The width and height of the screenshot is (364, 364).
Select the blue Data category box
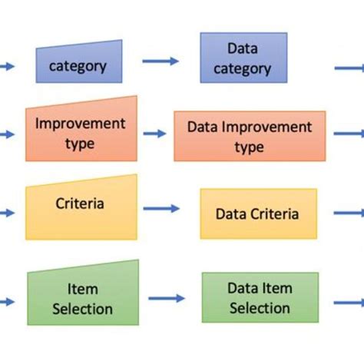point(243,58)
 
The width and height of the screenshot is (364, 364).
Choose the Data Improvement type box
point(249,136)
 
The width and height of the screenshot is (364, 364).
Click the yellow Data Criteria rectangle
point(257,213)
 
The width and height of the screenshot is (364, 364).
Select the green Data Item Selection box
point(260,297)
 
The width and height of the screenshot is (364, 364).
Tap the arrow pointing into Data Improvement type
point(154,134)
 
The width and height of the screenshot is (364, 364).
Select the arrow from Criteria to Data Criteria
point(162,208)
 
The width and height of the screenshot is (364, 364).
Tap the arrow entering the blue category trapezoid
point(6,67)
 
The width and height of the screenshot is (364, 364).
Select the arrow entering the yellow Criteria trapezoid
point(6,213)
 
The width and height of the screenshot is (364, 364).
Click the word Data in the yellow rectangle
point(230,214)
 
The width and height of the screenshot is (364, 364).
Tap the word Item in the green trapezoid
point(81,290)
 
